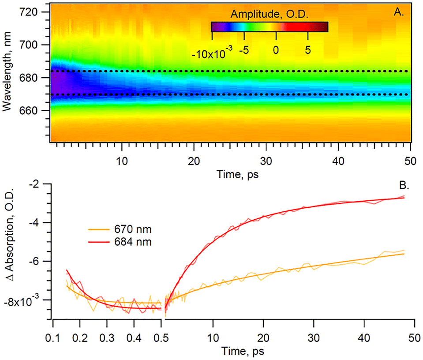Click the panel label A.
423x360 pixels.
(398, 13)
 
